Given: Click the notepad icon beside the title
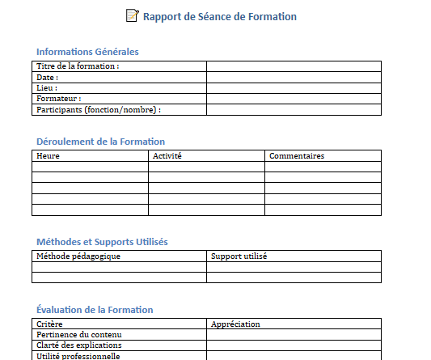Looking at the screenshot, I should pyautogui.click(x=133, y=15).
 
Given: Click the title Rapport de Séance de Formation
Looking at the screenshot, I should pyautogui.click(x=219, y=16).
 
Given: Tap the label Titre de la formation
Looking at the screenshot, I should pyautogui.click(x=78, y=66).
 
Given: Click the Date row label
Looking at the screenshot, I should pyautogui.click(x=48, y=78).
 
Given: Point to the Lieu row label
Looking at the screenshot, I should pyautogui.click(x=47, y=88).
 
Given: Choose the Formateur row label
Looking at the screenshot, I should pyautogui.click(x=59, y=99).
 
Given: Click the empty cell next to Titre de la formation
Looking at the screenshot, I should pyautogui.click(x=294, y=66).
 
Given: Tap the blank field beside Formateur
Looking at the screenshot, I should pyautogui.click(x=294, y=99).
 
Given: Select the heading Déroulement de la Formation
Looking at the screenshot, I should pyautogui.click(x=100, y=142).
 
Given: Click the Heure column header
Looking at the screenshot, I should pyautogui.click(x=49, y=155).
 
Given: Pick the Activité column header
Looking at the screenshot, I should pyautogui.click(x=167, y=155).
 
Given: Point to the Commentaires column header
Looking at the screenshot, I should pyautogui.click(x=297, y=155).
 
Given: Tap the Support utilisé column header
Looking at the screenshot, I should pyautogui.click(x=239, y=256).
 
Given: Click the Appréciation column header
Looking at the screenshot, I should pyautogui.click(x=235, y=324).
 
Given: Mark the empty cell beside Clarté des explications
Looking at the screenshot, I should pyautogui.click(x=294, y=345).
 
